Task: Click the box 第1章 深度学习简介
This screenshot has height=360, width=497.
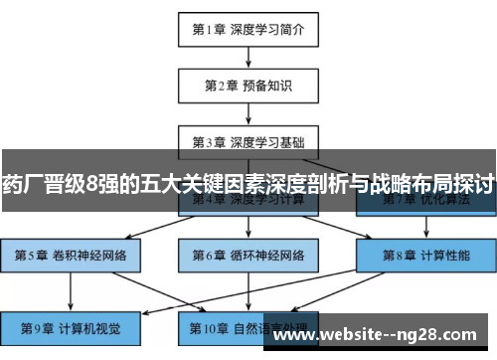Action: coord(248,29)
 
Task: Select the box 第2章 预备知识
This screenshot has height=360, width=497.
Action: coord(248,86)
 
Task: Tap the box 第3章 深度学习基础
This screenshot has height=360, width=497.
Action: coord(248,141)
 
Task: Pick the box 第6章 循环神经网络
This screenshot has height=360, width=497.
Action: coord(248,255)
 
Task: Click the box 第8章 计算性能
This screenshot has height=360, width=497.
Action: coord(426,255)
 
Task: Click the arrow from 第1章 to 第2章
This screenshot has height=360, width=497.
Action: coord(248,57)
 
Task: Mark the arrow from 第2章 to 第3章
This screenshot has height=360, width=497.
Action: coord(248,113)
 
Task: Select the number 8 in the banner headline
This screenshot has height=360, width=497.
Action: coord(92,184)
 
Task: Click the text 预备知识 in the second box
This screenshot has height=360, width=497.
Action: coord(267,86)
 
